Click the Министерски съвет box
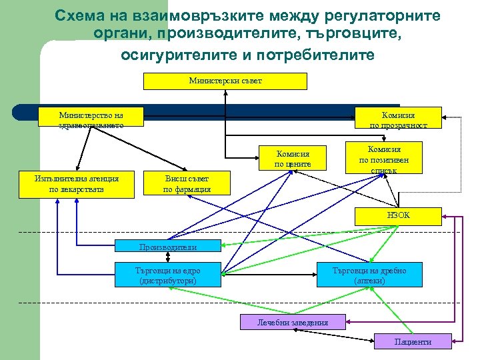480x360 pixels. coord(225,81)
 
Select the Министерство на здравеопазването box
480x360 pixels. coord(91,117)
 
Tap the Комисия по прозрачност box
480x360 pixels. coord(399,117)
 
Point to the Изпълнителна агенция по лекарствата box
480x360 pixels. coord(77,184)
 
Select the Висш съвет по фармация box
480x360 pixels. coord(187,184)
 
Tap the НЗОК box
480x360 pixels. coord(399,216)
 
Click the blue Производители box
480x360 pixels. coord(168,247)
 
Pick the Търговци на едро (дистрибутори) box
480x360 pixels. coord(167,275)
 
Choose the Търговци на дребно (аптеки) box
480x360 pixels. coord(369,275)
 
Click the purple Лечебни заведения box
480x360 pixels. coord(293,323)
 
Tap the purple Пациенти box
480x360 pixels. coord(413,341)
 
